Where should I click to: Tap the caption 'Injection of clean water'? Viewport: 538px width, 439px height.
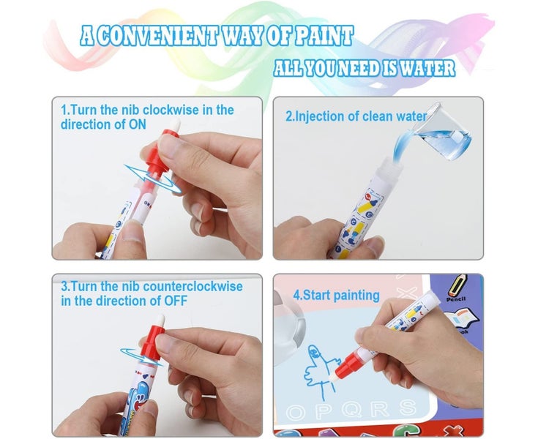click(356, 116)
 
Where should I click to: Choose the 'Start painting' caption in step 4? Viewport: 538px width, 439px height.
click(336, 296)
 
